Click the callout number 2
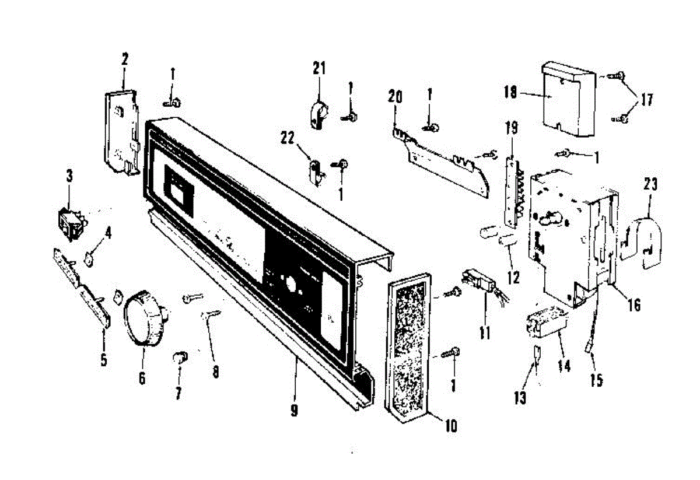[125, 59]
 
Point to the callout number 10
[450, 426]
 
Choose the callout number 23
[650, 185]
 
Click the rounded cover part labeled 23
[642, 242]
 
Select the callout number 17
[646, 100]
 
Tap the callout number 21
[318, 69]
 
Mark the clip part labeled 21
[318, 113]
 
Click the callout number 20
[395, 97]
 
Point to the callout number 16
[634, 304]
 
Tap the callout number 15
[596, 380]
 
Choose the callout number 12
[513, 276]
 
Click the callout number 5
[104, 359]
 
